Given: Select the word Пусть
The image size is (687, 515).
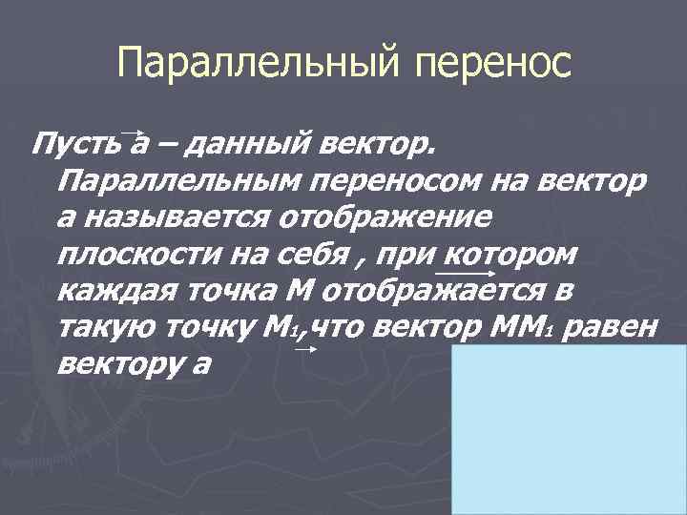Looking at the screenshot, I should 76,146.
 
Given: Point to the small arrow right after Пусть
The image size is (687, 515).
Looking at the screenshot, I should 135,134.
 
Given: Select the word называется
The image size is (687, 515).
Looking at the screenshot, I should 177,218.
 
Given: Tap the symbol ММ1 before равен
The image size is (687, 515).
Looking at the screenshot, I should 524,328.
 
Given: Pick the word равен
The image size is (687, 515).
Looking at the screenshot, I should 620,327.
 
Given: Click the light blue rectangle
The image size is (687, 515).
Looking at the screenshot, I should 569,429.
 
